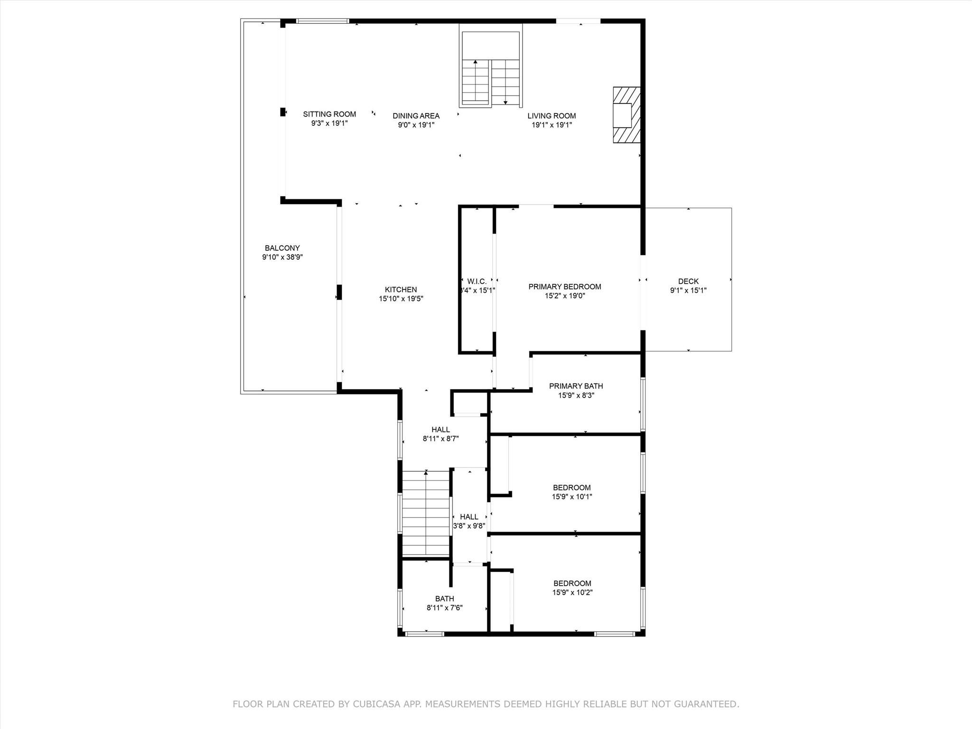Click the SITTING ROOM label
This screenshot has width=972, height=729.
[x=329, y=114]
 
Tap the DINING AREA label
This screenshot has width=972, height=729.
[x=416, y=116]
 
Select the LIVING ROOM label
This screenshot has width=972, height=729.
[x=551, y=116]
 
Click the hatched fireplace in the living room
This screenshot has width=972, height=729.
[x=626, y=115]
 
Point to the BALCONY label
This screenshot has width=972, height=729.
[x=282, y=248]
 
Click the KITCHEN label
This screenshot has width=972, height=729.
[x=401, y=290]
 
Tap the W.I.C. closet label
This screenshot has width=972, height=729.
[x=477, y=281]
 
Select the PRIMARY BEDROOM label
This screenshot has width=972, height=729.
[x=565, y=287]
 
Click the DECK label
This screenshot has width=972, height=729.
[x=688, y=281]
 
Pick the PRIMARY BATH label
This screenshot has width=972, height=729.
[x=576, y=386]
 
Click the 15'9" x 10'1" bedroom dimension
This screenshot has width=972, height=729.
[x=572, y=497]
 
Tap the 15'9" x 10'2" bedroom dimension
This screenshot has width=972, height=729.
[x=572, y=592]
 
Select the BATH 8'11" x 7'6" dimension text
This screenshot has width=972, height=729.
[x=445, y=607]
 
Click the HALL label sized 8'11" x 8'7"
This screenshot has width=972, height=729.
[x=441, y=430]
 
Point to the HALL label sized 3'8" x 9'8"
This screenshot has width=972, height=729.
[x=469, y=517]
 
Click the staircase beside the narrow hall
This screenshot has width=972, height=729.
[x=426, y=514]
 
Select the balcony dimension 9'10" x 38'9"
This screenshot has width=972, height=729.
[x=282, y=257]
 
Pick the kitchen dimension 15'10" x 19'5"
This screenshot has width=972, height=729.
[x=401, y=299]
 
